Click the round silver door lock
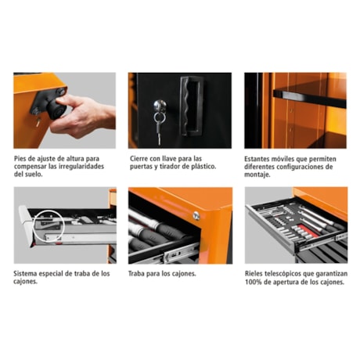158,104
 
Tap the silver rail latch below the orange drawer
174,252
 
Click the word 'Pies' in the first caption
22,158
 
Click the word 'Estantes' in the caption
261,158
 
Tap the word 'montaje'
259,175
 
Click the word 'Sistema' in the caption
28,274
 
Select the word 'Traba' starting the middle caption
140,274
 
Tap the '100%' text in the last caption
254,283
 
